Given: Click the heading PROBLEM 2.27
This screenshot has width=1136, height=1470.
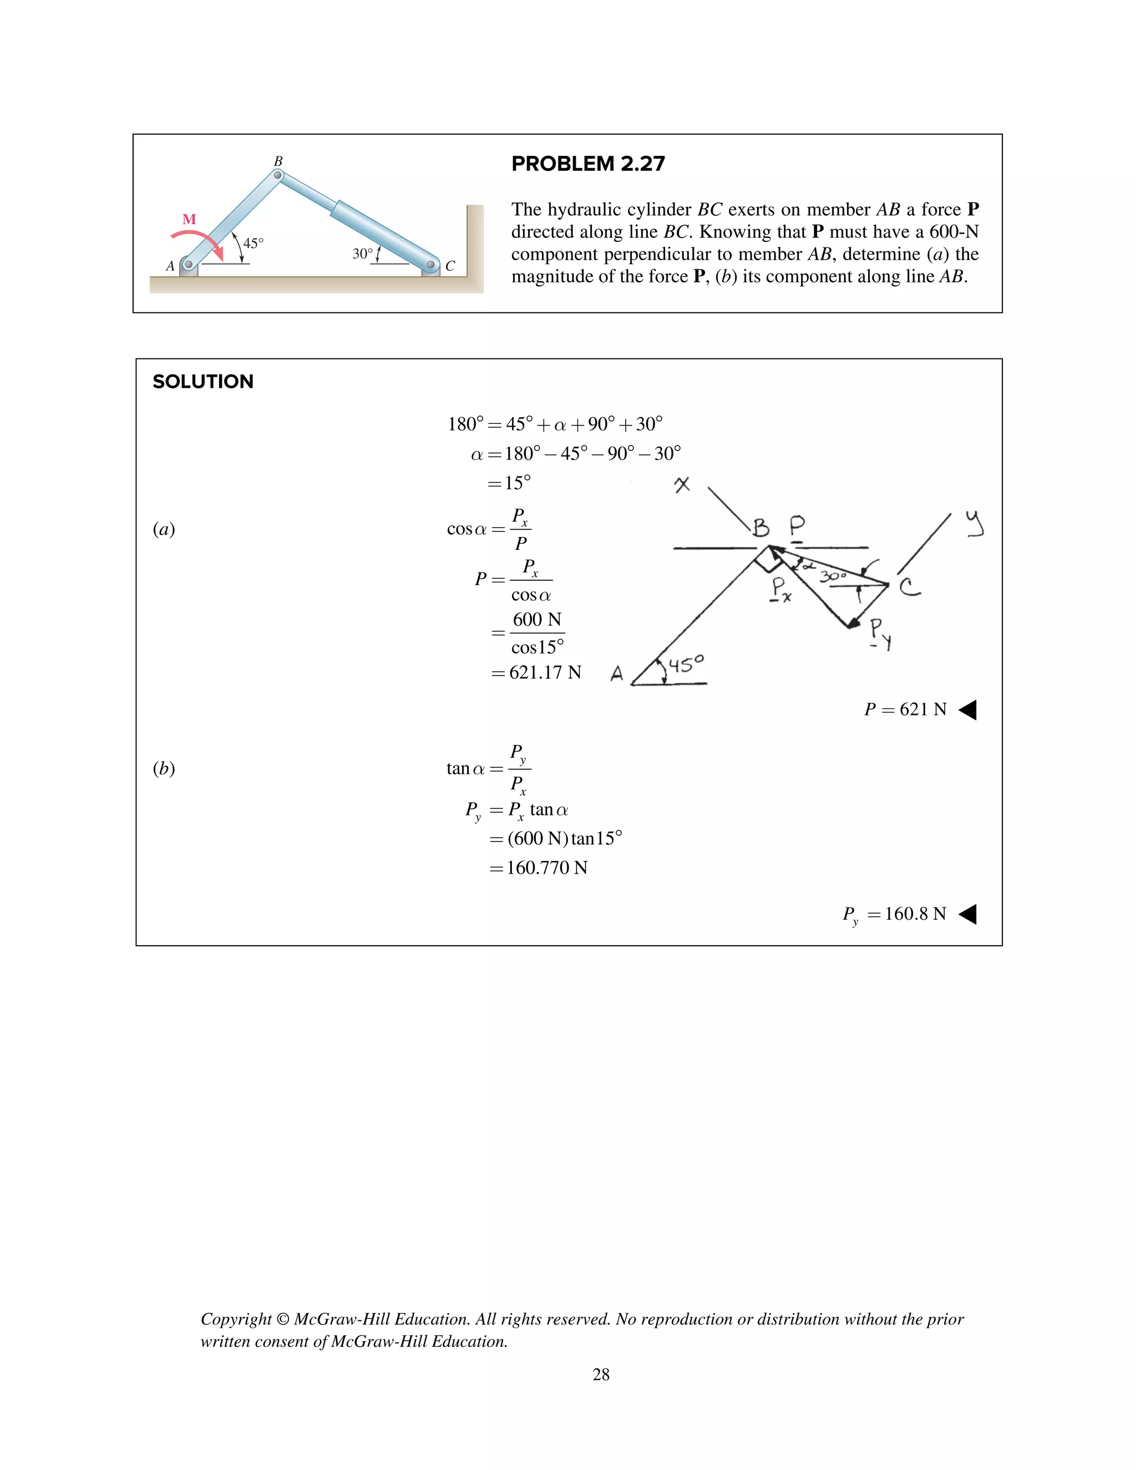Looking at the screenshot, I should pos(587,164).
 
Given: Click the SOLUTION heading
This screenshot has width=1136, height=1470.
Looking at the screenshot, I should pos(202,382).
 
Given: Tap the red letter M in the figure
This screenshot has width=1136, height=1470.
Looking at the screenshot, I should pos(189,220).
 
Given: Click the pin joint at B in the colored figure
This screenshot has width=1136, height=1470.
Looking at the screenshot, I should pos(278,175).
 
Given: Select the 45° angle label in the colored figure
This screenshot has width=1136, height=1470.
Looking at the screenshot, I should pos(253,243).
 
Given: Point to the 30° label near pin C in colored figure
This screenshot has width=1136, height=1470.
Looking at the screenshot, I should pos(362,254).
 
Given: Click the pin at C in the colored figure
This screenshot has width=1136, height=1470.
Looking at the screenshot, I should pos(432,265).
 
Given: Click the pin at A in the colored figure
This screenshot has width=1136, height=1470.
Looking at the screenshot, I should pos(189,265).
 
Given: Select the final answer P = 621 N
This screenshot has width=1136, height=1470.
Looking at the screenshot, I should pos(905,709).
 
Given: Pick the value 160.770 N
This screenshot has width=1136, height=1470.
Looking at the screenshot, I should pos(546,868).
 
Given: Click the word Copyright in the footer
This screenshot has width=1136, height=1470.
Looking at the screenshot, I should pos(236,1319).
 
